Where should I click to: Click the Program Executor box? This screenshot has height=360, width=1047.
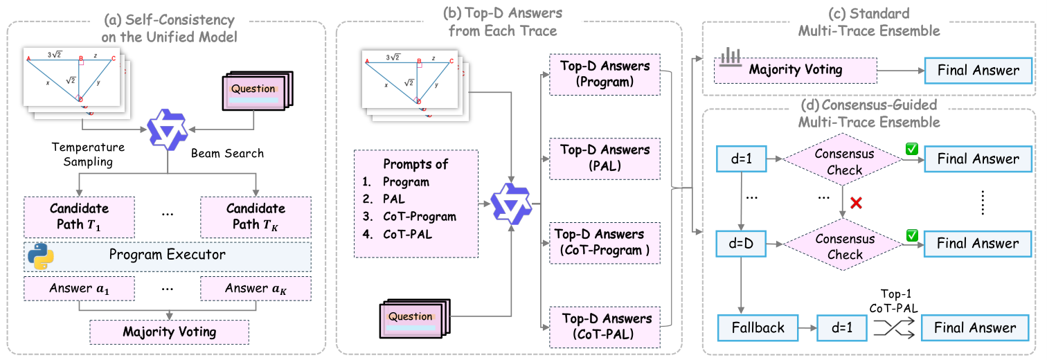click(168, 256)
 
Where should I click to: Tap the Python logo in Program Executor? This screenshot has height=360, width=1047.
click(41, 256)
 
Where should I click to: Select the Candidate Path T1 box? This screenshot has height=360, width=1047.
click(80, 217)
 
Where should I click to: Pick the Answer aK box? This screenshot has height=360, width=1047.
click(256, 289)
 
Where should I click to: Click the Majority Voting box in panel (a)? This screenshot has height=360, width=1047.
click(169, 332)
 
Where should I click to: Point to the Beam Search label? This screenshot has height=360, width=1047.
click(227, 154)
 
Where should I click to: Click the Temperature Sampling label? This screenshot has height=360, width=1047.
click(89, 154)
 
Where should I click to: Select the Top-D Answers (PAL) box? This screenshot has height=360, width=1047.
click(605, 159)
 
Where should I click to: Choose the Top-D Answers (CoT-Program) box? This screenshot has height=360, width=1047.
click(605, 243)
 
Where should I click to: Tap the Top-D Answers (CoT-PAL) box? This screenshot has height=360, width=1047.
click(605, 327)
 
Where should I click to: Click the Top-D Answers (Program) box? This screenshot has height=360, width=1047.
click(605, 74)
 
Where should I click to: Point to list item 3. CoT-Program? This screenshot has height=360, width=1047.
click(409, 217)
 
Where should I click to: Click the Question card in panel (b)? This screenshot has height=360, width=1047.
click(415, 318)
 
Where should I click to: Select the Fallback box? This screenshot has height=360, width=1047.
click(758, 327)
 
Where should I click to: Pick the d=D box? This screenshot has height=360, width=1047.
click(741, 244)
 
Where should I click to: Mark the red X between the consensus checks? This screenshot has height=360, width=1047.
click(856, 203)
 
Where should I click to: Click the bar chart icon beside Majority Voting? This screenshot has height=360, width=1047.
click(730, 57)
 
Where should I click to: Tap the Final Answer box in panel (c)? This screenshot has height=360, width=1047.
click(978, 71)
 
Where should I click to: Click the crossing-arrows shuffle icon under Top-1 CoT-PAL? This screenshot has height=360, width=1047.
click(894, 327)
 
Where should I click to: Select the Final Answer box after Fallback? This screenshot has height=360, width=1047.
click(975, 327)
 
